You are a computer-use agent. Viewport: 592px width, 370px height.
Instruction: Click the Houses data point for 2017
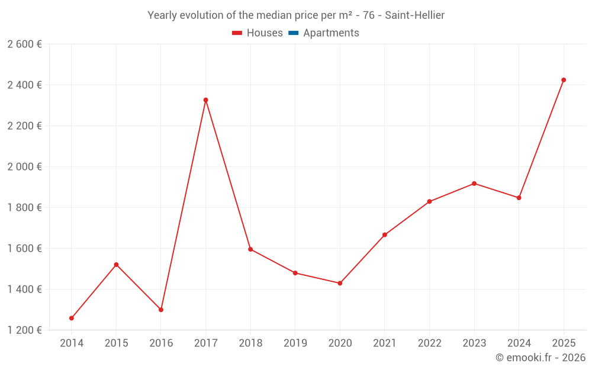(x=205, y=100)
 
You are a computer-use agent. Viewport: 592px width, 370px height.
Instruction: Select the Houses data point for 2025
(x=564, y=80)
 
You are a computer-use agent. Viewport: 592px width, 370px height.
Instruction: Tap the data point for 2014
(x=72, y=318)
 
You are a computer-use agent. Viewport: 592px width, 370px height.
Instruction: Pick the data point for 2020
(x=340, y=284)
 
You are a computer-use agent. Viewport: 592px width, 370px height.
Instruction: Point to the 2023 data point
(x=474, y=184)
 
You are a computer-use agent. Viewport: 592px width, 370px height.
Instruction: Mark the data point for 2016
(x=161, y=310)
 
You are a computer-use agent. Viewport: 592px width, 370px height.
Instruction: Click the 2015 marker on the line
(x=116, y=265)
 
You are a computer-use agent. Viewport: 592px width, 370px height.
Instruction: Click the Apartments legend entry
(x=331, y=33)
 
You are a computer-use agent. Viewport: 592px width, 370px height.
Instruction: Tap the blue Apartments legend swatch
(x=293, y=33)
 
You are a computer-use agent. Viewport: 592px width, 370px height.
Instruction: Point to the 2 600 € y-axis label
(x=25, y=44)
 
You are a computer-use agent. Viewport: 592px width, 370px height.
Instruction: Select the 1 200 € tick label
(x=25, y=330)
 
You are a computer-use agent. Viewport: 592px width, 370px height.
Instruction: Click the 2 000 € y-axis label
(x=25, y=167)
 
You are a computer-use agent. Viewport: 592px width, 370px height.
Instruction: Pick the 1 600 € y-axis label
(x=25, y=249)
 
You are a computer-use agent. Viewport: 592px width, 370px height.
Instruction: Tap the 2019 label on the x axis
(x=295, y=343)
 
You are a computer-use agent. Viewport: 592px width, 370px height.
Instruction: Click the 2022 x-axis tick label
(x=429, y=343)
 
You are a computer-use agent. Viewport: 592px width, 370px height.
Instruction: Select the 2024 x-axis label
(x=519, y=343)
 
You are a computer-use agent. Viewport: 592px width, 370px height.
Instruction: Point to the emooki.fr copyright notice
(x=540, y=358)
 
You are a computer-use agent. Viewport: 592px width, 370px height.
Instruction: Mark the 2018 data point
(x=250, y=249)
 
